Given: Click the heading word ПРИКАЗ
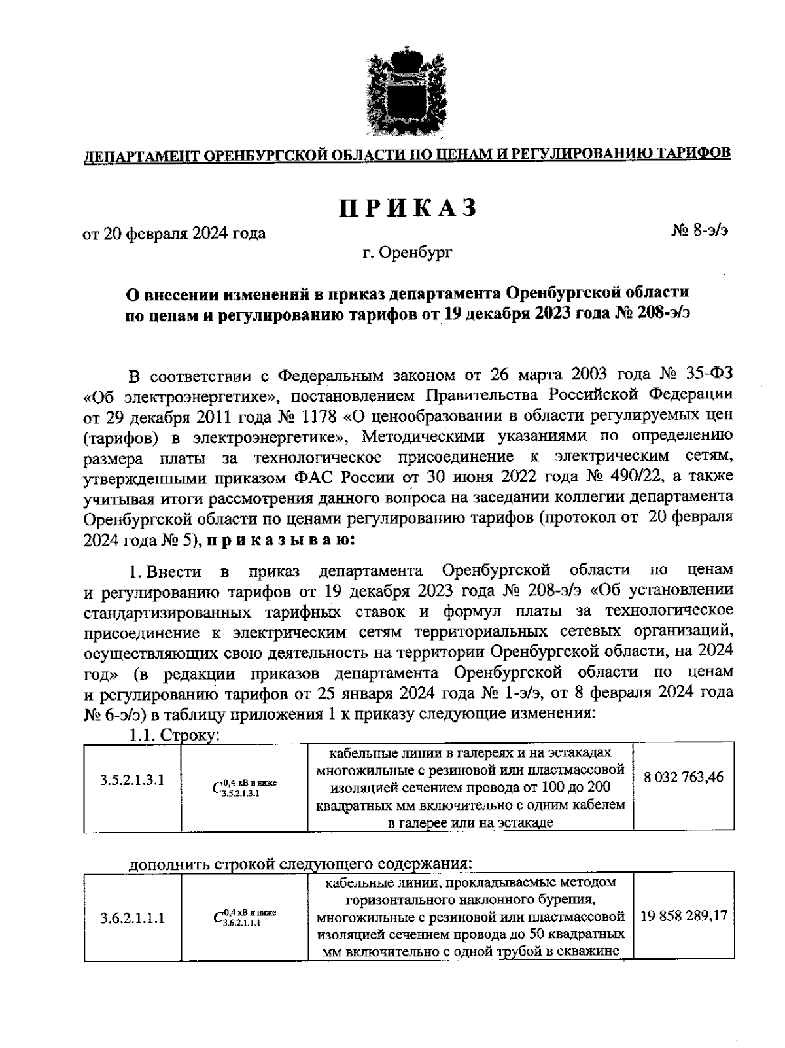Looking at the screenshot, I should point(408,207).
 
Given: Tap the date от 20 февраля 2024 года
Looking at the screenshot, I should point(174,234).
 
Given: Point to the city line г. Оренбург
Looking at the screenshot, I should point(408,252).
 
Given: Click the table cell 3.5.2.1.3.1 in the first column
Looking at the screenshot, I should point(132,780).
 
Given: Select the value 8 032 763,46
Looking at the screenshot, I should point(684,778).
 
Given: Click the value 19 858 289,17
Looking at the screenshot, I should point(684,916).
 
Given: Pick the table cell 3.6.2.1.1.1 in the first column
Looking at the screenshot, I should point(132,918).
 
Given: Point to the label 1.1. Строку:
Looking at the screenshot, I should point(173,735).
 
